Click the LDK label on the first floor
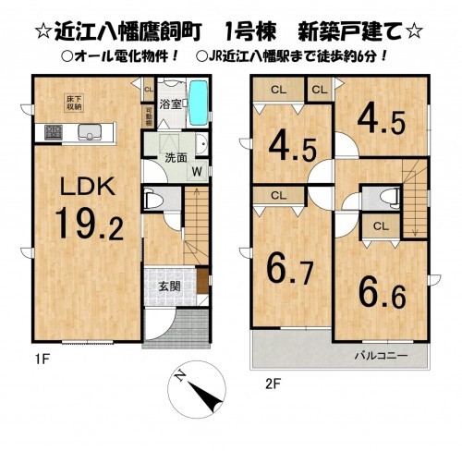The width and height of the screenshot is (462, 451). tap(87, 188)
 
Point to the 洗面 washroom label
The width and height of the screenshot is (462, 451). tap(176, 157)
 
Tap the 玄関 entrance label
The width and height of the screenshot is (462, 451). tap(169, 285)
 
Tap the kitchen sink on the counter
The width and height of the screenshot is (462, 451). tap(89, 129)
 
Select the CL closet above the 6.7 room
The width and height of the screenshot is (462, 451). tap(279, 196)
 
